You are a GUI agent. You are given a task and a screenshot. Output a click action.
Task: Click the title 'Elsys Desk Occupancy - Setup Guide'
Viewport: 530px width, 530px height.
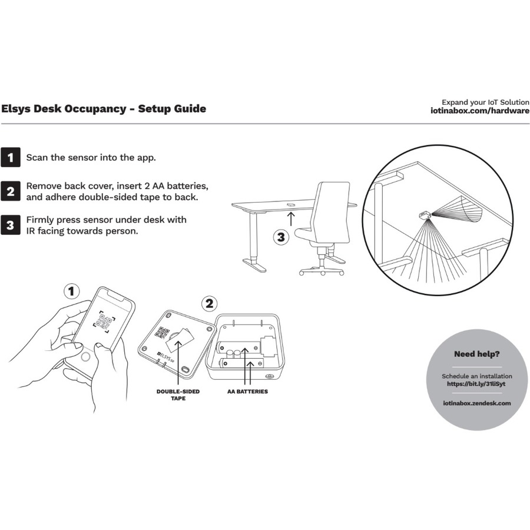coord(104,108)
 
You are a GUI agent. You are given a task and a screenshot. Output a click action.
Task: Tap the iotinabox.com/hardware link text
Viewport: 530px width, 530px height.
coord(481,111)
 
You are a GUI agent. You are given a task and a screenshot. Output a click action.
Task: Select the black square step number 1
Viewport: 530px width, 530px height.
coord(10,158)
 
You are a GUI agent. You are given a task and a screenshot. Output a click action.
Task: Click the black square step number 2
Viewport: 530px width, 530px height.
coord(10,191)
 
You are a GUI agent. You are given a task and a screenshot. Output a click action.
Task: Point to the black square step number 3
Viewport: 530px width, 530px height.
coord(10,225)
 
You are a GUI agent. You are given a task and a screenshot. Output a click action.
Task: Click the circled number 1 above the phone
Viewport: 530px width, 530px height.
coord(71,291)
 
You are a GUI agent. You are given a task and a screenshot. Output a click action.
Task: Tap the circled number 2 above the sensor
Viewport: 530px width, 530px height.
coord(208,304)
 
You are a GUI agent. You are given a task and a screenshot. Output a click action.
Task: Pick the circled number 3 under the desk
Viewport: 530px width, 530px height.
coord(281,238)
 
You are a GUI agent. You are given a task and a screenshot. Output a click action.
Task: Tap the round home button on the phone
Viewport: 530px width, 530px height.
coord(86,357)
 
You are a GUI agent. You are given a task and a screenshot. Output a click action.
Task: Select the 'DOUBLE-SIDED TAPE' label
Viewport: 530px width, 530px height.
coord(177,395)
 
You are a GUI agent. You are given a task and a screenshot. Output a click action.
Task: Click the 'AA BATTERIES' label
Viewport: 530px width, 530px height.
coord(248,391)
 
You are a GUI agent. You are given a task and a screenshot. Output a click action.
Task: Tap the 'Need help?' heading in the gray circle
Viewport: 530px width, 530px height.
coord(477,354)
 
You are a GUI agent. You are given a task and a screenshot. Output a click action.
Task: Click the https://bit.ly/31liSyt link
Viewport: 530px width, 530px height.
coord(477,383)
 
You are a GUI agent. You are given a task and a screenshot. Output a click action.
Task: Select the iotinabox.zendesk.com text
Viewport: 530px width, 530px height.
coord(477,403)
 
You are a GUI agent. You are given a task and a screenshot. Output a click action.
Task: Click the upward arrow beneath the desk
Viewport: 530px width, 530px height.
coord(290,220)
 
